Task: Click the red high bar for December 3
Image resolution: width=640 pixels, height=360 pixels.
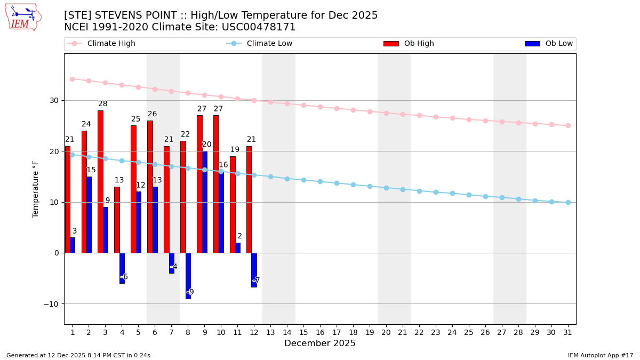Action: point(100,181)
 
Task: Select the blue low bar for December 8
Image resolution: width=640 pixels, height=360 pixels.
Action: point(188,275)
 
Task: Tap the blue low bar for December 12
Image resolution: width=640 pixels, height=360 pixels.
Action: point(254,270)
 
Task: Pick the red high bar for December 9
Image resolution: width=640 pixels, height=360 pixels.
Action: point(199,184)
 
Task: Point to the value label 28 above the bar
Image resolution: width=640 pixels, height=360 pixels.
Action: point(102,104)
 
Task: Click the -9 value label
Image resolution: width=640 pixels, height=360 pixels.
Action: point(190,292)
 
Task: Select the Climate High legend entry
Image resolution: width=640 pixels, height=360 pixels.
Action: point(111,44)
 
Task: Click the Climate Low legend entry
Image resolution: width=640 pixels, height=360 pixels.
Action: point(269,44)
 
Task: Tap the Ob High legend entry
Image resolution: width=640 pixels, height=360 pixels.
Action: point(419,44)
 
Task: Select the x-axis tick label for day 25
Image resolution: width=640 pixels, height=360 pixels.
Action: point(469,332)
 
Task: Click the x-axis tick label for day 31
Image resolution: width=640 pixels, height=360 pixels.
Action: point(568,332)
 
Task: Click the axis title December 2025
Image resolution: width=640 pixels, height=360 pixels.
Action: point(320,343)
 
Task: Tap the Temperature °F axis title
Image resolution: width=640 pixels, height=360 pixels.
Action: point(36,189)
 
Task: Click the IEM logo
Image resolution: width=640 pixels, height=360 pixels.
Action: point(23,17)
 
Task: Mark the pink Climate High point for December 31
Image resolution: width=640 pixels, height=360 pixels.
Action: point(568,125)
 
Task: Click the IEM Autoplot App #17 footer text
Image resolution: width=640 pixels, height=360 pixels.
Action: point(600,355)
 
